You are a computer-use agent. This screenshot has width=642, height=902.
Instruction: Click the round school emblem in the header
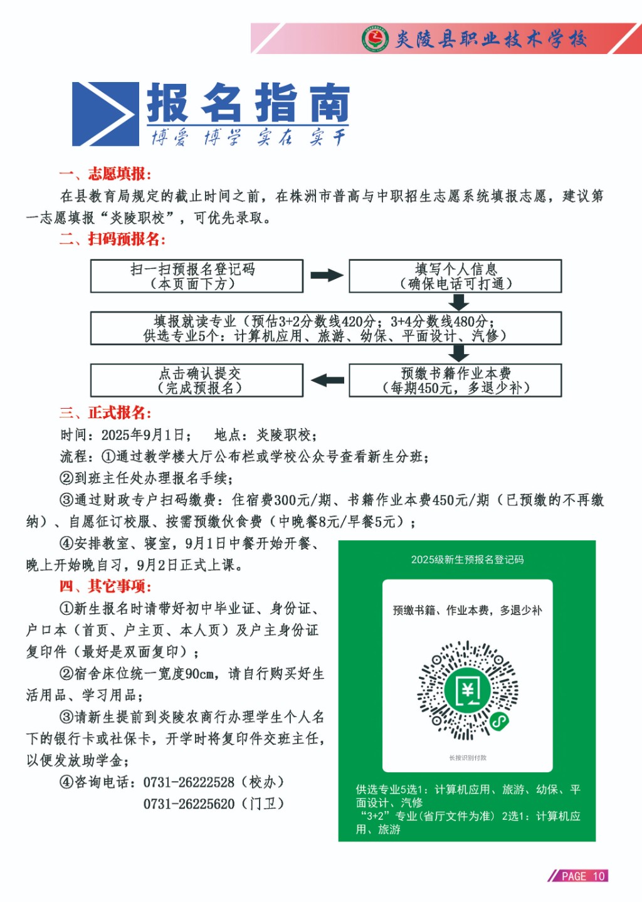pyautogui.click(x=375, y=39)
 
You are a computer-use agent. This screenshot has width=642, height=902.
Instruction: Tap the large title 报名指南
pyautogui.click(x=248, y=103)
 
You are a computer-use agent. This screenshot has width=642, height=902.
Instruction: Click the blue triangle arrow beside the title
pyautogui.click(x=105, y=114)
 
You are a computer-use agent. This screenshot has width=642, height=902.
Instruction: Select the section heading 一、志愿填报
pyautogui.click(x=105, y=174)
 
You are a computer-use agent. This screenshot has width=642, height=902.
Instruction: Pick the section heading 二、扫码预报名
pyautogui.click(x=112, y=239)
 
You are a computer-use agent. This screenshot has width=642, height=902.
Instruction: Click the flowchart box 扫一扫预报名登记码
pyautogui.click(x=196, y=276)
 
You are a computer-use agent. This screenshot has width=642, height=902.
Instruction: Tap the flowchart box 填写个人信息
pyautogui.click(x=455, y=276)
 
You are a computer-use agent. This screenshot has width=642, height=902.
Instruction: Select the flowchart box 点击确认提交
pyautogui.click(x=196, y=380)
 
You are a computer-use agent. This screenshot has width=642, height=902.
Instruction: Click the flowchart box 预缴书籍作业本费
pyautogui.click(x=455, y=380)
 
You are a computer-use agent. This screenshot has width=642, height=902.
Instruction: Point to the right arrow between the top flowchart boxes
pyautogui.click(x=327, y=275)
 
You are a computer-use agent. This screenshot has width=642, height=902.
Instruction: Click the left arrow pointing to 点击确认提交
pyautogui.click(x=327, y=380)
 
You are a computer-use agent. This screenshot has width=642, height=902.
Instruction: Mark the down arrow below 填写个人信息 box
pyautogui.click(x=459, y=302)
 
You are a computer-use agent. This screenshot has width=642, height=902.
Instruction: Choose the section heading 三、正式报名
pyautogui.click(x=105, y=412)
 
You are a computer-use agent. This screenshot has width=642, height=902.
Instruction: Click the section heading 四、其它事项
pyautogui.click(x=105, y=586)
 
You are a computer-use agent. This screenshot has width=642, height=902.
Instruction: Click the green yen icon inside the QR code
pyautogui.click(x=468, y=690)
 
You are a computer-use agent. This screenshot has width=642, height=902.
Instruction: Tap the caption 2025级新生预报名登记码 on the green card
pyautogui.click(x=467, y=560)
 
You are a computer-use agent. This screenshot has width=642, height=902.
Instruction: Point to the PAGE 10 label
pyautogui.click(x=583, y=876)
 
